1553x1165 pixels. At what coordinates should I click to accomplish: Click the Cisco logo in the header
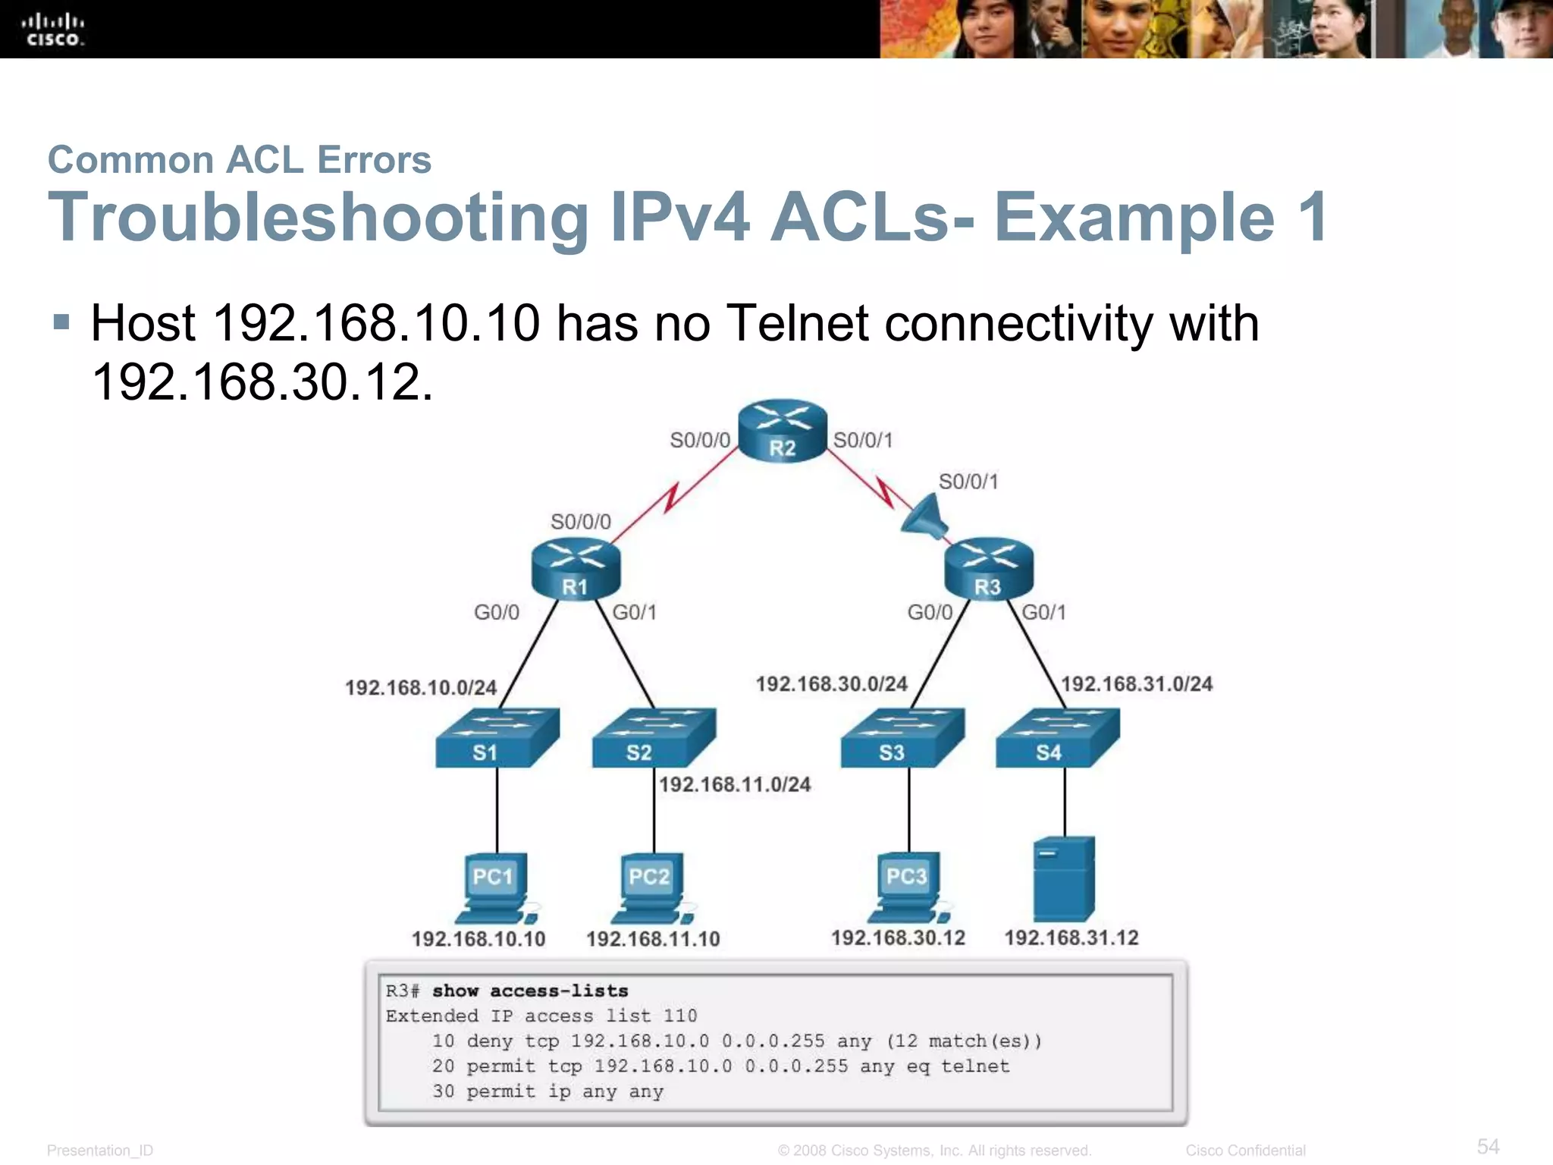click(52, 30)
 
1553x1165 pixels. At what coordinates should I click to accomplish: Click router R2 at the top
click(782, 430)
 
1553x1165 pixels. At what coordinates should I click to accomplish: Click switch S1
click(497, 738)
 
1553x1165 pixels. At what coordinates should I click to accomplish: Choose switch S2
click(653, 738)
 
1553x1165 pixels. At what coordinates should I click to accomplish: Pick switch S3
click(902, 738)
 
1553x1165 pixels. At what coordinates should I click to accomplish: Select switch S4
click(1057, 738)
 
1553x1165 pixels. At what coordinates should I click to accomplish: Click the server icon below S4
click(1064, 880)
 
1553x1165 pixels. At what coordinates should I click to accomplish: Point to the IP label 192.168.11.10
click(653, 939)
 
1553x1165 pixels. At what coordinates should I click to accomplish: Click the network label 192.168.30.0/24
click(831, 684)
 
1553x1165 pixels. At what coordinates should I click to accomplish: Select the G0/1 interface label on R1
click(634, 612)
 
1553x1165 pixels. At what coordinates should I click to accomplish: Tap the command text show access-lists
click(530, 991)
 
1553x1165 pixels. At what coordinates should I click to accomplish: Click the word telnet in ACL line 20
click(975, 1066)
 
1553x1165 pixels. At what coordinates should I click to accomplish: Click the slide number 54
click(1488, 1146)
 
